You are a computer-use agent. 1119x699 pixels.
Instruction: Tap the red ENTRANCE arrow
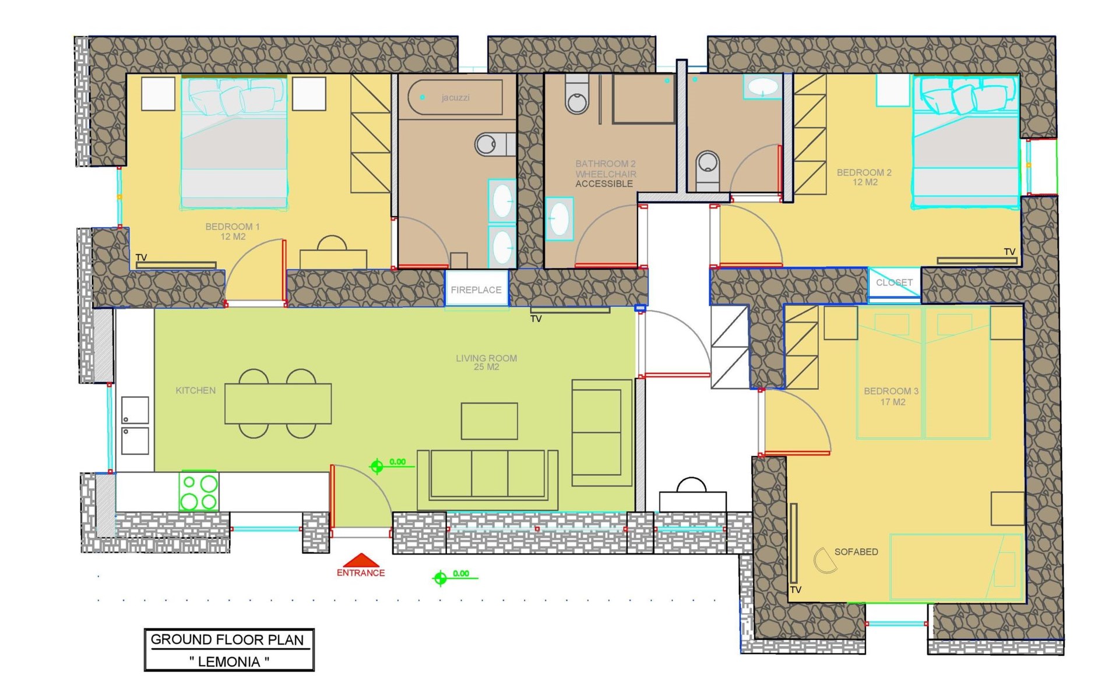pos(361,560)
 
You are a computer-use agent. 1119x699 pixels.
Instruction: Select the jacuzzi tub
pos(455,97)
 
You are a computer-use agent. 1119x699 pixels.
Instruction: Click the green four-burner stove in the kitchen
pos(199,491)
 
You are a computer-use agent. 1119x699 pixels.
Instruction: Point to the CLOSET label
pos(894,283)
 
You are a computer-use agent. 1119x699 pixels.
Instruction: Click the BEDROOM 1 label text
pos(233,227)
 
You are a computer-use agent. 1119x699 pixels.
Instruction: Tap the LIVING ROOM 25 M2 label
pos(486,362)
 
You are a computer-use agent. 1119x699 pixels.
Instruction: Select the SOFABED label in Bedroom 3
pos(856,552)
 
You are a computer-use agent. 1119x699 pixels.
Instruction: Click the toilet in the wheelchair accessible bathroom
pos(577,94)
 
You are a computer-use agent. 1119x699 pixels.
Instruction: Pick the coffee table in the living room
pos(489,421)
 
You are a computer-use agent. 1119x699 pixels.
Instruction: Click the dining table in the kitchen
pos(278,403)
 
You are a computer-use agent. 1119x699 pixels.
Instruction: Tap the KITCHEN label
pos(196,390)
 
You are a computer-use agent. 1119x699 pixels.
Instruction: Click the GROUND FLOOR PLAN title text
pos(227,640)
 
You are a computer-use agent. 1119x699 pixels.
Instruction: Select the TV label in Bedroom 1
pos(141,257)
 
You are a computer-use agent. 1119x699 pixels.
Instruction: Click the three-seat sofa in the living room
pos(488,480)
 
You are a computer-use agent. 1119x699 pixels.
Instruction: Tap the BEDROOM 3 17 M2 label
pos(892,396)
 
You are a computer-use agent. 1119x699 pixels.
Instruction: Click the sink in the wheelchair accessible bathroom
pos(559,220)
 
